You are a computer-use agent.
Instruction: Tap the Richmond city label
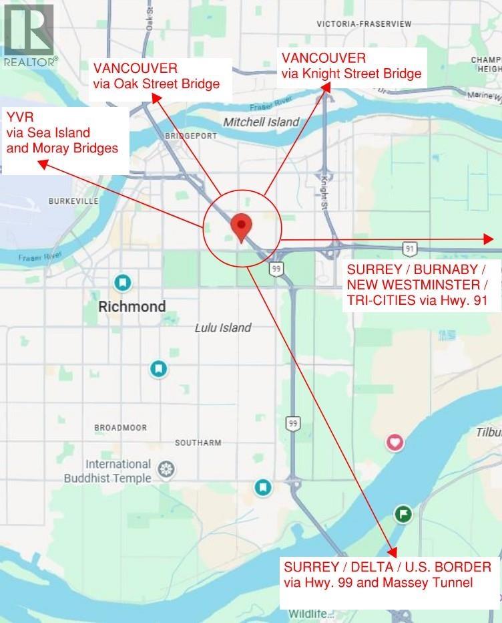point(132,307)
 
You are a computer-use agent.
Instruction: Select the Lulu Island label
point(223,328)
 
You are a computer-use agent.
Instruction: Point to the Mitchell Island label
point(261,122)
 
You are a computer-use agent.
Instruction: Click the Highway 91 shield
point(410,249)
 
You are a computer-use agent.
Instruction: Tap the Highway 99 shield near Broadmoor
point(292,423)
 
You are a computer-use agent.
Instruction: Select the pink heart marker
point(395,442)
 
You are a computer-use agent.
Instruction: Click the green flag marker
point(403,513)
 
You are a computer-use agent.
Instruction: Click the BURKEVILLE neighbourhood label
point(73,201)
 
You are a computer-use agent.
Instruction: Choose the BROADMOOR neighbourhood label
point(121,427)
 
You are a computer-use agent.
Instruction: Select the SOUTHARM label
point(198,443)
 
